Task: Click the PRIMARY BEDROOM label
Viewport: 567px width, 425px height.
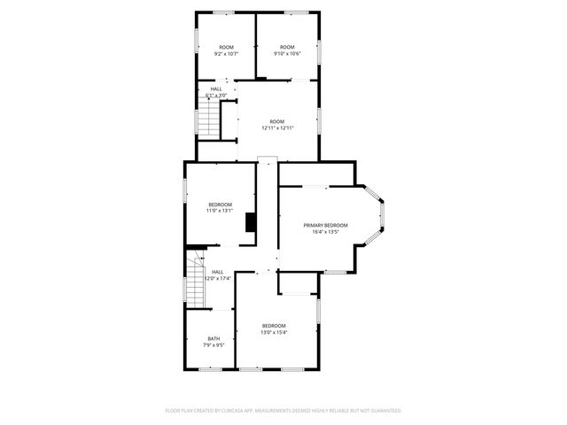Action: tap(326, 225)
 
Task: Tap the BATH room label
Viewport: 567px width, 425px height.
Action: tap(214, 338)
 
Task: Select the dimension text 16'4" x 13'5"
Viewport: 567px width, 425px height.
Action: tap(326, 233)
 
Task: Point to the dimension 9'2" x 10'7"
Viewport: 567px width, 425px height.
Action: tap(226, 54)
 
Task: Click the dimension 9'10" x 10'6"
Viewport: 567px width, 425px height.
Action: tap(287, 54)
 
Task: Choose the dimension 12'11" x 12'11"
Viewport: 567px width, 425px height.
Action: tap(277, 128)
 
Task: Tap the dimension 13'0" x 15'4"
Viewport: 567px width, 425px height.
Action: tap(274, 333)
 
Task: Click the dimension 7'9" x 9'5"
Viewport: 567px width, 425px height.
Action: tap(214, 345)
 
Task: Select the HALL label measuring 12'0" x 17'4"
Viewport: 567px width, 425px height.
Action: tap(217, 272)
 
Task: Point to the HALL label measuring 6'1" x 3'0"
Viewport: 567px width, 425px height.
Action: tap(216, 89)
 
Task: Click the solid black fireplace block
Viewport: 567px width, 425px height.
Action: tap(252, 223)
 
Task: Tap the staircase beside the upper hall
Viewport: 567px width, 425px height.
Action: tap(207, 118)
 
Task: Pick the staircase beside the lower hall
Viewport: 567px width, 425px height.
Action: tap(195, 282)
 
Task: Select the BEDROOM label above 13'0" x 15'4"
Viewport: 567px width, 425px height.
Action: tap(274, 326)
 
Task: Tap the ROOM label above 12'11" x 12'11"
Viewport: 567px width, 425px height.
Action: tap(277, 121)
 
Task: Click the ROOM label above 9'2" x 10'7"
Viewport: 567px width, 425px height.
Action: tap(226, 47)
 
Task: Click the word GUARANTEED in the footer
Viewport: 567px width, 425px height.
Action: tap(381, 411)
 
